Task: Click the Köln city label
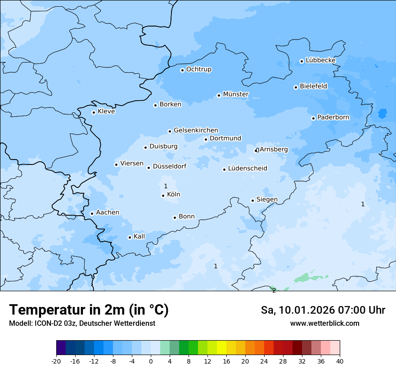coord(173,195)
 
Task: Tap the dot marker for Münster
coord(219,95)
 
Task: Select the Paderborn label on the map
coord(333,117)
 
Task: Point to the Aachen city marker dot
coord(92,213)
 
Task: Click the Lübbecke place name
coord(320,60)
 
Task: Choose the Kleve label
coord(106,111)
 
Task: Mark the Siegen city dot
coord(252,200)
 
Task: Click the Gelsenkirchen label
coord(196,130)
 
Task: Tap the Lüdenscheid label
coord(247,169)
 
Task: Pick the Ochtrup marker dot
coord(182,70)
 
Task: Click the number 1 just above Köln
coord(166,186)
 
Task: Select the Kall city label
coord(139,236)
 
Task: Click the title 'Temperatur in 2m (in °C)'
coord(89,310)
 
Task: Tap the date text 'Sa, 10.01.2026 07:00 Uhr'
coord(323,310)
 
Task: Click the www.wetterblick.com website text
coord(324,323)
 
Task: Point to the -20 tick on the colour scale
coord(56,361)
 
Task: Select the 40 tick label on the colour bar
coord(339,361)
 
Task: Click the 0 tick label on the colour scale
coord(151,361)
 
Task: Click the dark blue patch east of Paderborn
coord(382,113)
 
